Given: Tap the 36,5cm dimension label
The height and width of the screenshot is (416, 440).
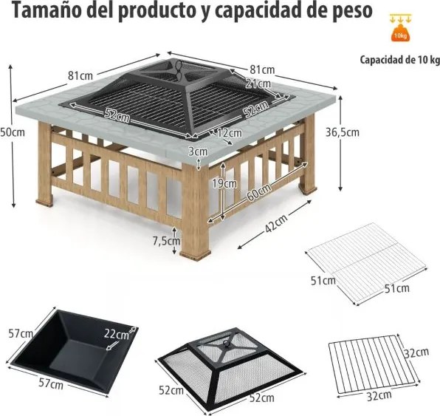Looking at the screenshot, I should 344,133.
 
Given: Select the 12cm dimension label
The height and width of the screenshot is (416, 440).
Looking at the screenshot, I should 230,133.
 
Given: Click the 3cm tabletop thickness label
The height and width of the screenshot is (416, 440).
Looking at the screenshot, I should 197,151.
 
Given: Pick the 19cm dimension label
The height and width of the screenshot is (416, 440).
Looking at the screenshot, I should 224,183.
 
